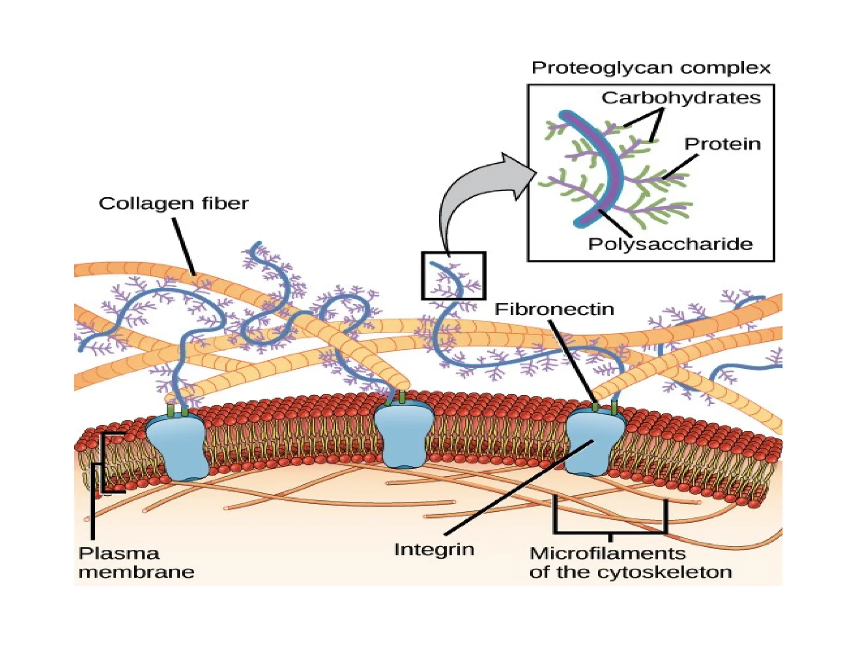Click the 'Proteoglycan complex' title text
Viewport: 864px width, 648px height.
point(651,68)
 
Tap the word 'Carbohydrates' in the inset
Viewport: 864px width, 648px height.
point(680,98)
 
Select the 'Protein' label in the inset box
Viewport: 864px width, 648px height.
point(722,144)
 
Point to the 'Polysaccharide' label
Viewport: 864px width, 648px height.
point(670,244)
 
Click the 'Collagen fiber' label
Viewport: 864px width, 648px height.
point(173,203)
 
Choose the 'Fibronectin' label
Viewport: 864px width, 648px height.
point(554,310)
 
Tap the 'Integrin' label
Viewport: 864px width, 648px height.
point(434,550)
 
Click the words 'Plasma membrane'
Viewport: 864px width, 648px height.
point(136,562)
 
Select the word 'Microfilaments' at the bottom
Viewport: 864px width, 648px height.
point(607,553)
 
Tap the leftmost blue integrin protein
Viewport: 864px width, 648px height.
point(177,447)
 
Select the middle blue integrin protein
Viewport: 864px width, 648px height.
point(404,435)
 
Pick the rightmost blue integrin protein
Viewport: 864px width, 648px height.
point(595,443)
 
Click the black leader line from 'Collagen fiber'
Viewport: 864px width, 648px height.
point(184,247)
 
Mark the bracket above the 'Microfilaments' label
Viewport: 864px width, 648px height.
point(610,532)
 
